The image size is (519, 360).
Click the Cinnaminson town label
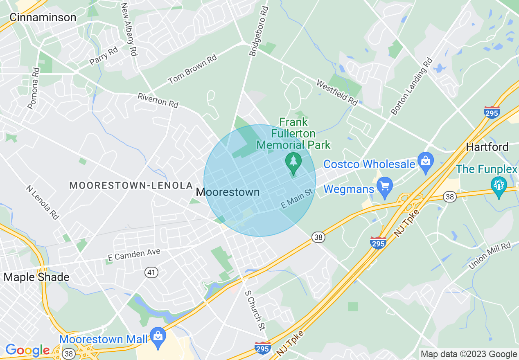click(x=43, y=17)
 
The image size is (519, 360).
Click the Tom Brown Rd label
click(x=192, y=70)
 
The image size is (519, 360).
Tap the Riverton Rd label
click(x=158, y=100)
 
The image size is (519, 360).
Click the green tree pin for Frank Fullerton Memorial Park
click(x=293, y=161)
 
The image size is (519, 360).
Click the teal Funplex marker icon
click(x=499, y=186)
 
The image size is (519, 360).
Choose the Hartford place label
click(x=487, y=147)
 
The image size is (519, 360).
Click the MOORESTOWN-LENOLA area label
click(x=131, y=185)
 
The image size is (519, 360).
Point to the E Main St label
click(x=297, y=198)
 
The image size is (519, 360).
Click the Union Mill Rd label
click(x=490, y=256)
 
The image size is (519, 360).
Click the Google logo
click(x=28, y=350)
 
